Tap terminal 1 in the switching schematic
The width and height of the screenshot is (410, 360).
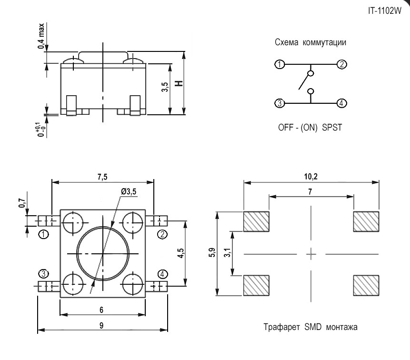click(x=280, y=65)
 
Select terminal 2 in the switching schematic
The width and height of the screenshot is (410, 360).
click(x=341, y=65)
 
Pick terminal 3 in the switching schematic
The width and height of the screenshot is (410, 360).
click(x=280, y=103)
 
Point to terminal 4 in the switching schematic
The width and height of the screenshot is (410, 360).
click(x=341, y=103)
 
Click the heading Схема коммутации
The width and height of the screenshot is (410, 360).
click(x=310, y=42)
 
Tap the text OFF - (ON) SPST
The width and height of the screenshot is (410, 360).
click(x=310, y=127)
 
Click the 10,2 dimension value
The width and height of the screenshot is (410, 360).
click(x=310, y=177)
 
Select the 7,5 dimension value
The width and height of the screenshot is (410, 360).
click(x=102, y=177)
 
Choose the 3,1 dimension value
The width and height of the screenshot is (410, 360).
click(x=228, y=253)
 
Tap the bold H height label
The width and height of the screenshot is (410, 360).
click(x=179, y=84)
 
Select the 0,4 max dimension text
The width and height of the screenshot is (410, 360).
click(x=42, y=36)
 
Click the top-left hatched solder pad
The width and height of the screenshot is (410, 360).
click(x=256, y=221)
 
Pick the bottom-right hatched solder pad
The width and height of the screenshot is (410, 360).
click(x=366, y=286)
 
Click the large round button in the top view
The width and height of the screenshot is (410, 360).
click(x=102, y=253)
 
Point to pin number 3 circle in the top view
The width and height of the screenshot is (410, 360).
click(x=44, y=273)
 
